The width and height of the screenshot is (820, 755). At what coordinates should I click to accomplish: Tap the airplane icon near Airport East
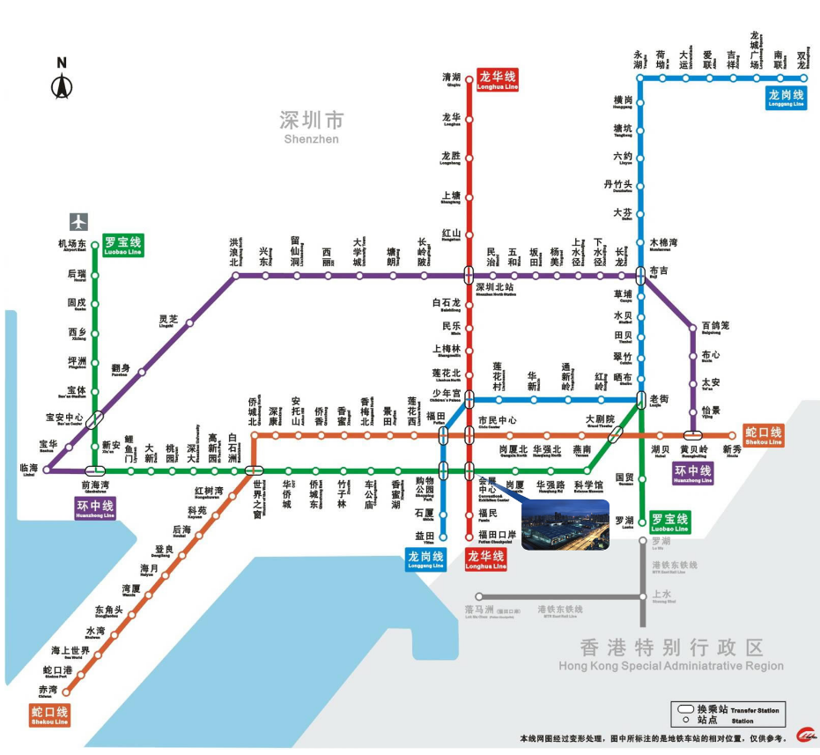pos(79,221)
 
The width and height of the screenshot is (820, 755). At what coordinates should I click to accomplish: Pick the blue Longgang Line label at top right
pos(786,98)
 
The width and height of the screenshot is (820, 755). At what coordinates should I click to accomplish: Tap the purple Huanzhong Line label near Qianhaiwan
pos(95,508)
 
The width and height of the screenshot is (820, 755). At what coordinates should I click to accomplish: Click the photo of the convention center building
pos(565,525)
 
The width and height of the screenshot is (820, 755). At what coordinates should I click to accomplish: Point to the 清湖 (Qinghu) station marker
pos(469,78)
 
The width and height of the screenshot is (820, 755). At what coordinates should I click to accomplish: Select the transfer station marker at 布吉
pos(641,276)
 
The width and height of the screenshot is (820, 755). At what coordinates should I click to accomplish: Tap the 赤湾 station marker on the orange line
pos(66,690)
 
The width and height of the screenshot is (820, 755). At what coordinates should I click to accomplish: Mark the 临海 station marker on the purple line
pos(48,470)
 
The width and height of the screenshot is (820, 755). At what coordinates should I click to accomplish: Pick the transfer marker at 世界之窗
pos(255,470)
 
